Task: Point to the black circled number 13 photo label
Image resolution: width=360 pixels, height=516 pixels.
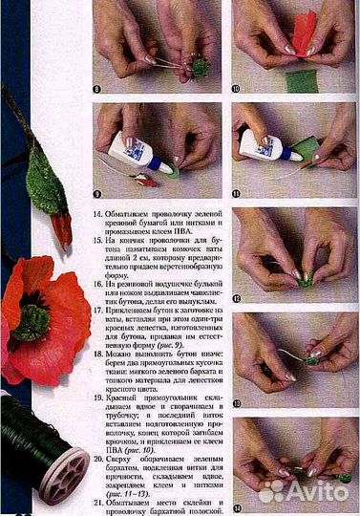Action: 239,404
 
